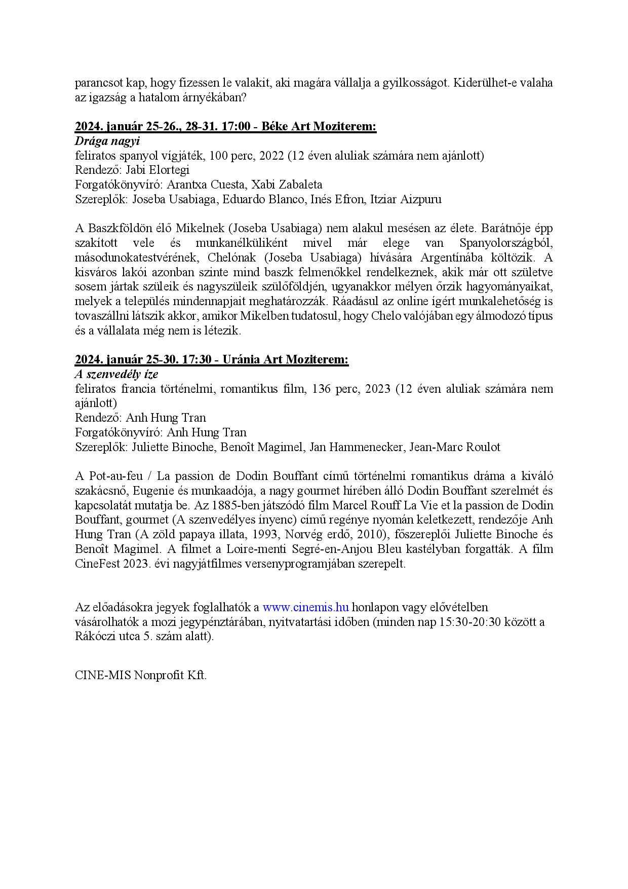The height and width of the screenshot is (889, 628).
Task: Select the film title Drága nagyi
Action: pos(107,141)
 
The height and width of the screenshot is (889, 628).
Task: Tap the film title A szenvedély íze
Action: pos(116,375)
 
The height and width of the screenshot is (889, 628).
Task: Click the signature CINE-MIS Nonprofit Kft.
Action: pos(141,676)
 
